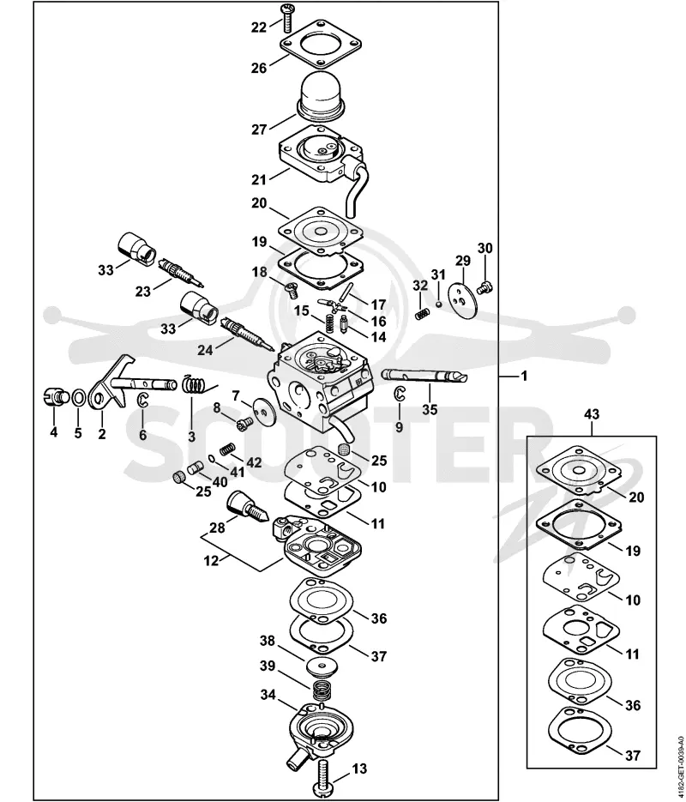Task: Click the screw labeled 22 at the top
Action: pos(286,17)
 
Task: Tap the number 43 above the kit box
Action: pos(592,413)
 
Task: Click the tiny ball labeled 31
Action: pos(438,305)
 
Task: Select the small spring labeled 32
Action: pos(422,314)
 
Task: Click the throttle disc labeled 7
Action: pos(265,408)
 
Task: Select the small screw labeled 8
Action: pos(244,424)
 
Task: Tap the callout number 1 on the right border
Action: pos(523,376)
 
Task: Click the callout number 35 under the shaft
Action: pos(430,410)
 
